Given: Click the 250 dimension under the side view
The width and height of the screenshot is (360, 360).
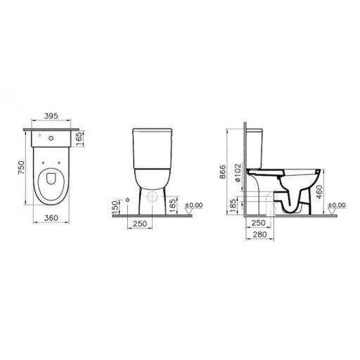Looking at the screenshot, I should tap(258, 223).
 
